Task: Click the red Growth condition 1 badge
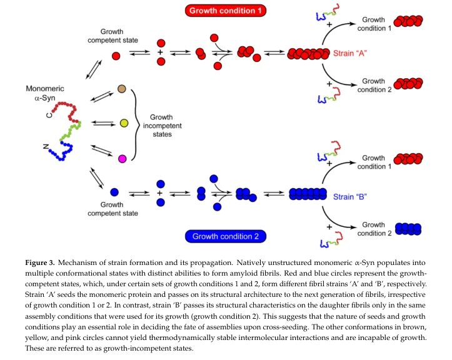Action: pyautogui.click(x=226, y=11)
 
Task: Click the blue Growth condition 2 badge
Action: pyautogui.click(x=226, y=236)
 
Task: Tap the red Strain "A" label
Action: pyautogui.click(x=350, y=53)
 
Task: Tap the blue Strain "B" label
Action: pyautogui.click(x=350, y=197)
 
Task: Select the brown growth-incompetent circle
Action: pyautogui.click(x=122, y=89)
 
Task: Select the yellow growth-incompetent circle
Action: pyautogui.click(x=124, y=123)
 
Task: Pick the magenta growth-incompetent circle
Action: pyautogui.click(x=123, y=159)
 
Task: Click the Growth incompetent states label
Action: pyautogui.click(x=162, y=126)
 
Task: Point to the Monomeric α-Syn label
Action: pyautogui.click(x=45, y=93)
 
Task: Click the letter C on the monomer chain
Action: pyautogui.click(x=49, y=115)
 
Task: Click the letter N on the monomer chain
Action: pyautogui.click(x=46, y=146)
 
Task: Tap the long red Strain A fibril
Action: pyautogui.click(x=308, y=54)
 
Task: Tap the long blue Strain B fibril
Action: pyautogui.click(x=308, y=194)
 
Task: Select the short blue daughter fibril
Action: pyautogui.click(x=408, y=229)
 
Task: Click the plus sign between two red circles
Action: pyautogui.click(x=160, y=52)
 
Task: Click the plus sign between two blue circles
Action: pyautogui.click(x=160, y=193)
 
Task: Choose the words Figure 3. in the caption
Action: pyautogui.click(x=40, y=262)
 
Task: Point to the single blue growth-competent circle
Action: pyautogui.click(x=114, y=192)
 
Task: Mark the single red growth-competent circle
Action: pyautogui.click(x=116, y=56)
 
